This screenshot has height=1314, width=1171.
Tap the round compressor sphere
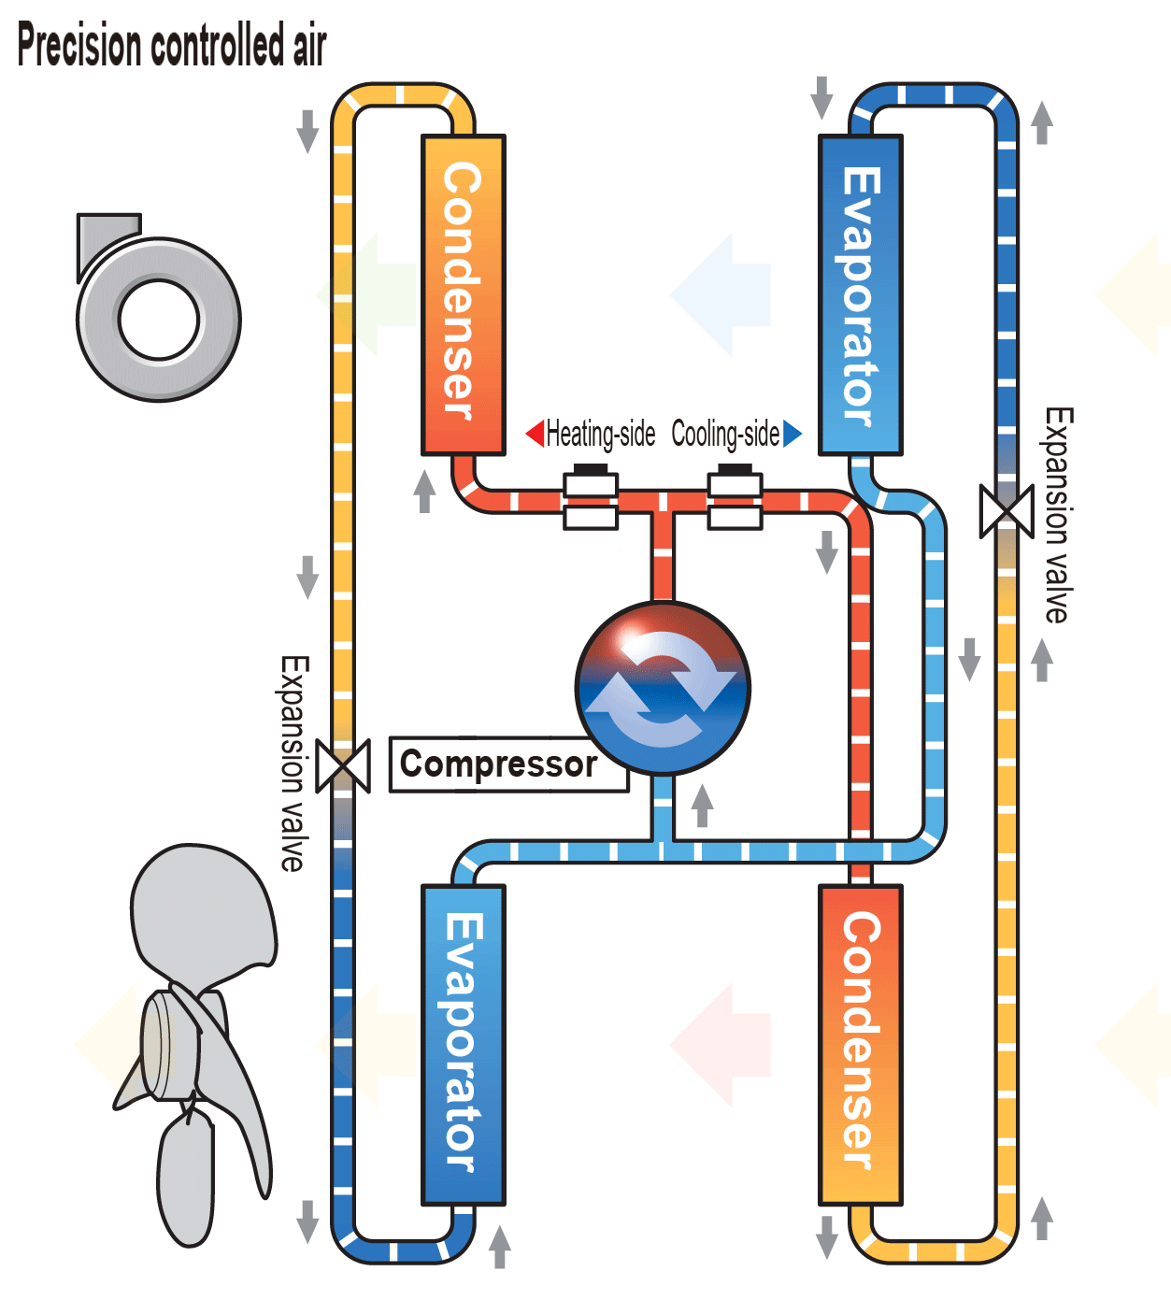[663, 688]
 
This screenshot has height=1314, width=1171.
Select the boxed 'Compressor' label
[499, 764]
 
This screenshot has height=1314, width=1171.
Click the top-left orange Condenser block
[463, 294]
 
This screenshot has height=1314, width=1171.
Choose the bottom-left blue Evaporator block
[463, 1044]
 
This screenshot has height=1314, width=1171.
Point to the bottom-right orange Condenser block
[860, 1044]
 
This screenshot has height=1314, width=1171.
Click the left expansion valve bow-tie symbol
[343, 765]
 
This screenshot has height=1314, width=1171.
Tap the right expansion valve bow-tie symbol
[1007, 511]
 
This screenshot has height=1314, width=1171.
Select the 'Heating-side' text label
[601, 435]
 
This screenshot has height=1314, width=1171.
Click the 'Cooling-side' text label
[725, 435]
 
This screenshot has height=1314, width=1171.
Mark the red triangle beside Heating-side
[536, 434]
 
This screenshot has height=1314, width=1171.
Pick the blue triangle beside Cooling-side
[793, 434]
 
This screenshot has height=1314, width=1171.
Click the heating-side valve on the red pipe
[591, 499]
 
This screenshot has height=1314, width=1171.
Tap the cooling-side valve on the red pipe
[735, 499]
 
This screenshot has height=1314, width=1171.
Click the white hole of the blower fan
[160, 319]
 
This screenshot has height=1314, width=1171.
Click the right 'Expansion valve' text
[1058, 515]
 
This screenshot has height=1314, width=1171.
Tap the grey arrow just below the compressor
[702, 805]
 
